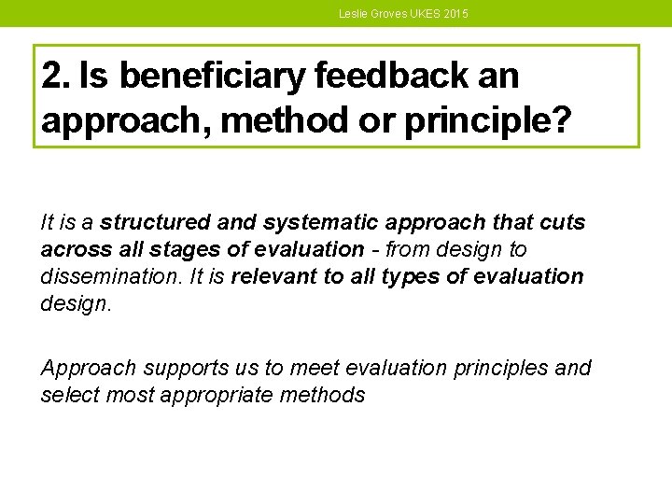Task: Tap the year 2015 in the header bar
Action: (x=455, y=14)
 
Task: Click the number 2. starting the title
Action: (x=56, y=77)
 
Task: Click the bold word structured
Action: (x=156, y=223)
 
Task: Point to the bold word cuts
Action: (x=563, y=223)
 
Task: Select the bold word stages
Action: (x=164, y=250)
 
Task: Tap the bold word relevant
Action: (x=273, y=277)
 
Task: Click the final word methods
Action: (x=321, y=395)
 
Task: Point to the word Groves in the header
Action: (x=388, y=14)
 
